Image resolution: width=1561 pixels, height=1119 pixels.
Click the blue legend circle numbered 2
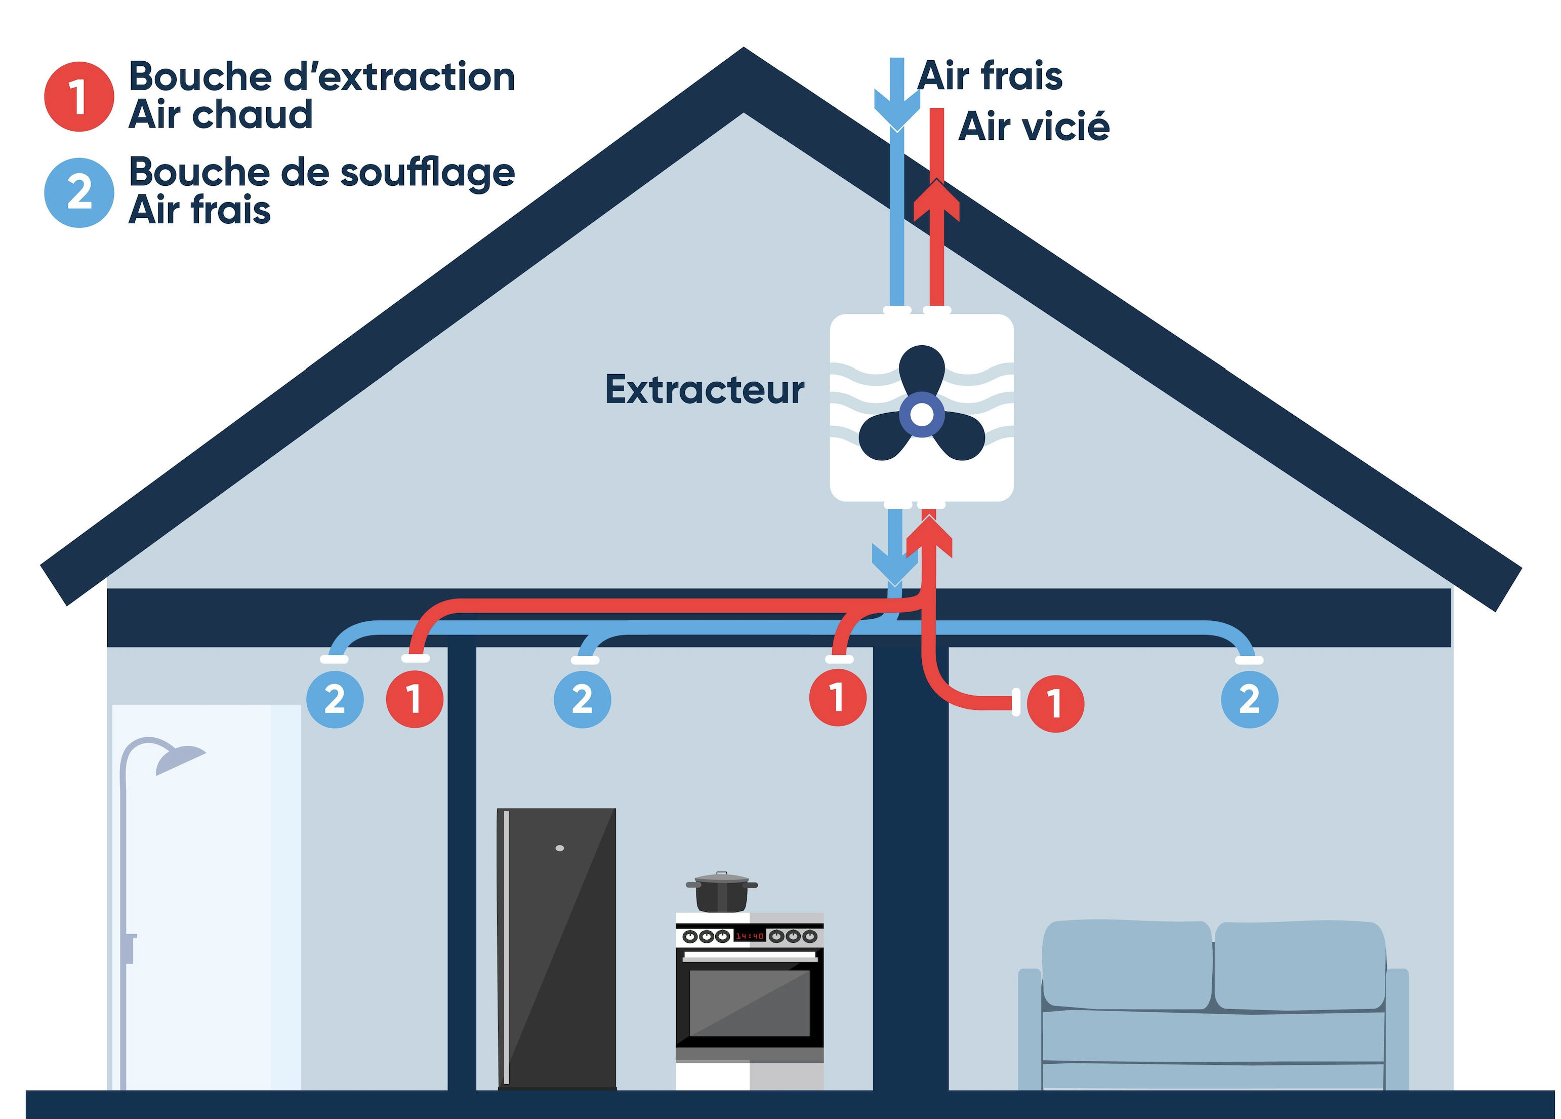[x=78, y=193]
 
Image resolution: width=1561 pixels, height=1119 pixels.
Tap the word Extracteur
[x=704, y=390]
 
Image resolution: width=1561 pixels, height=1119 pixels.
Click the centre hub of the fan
[x=922, y=415]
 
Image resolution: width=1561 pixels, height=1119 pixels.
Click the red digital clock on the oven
[x=750, y=936]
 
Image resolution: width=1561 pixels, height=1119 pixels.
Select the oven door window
[x=750, y=1002]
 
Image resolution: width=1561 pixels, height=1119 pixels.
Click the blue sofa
[x=1213, y=1006]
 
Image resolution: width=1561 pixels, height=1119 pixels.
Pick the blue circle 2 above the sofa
[x=1249, y=700]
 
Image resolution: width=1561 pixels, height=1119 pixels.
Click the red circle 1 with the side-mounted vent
[x=1055, y=703]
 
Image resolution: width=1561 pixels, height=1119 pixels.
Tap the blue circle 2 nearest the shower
[x=335, y=700]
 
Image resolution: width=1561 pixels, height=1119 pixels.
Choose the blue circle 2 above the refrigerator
[x=582, y=700]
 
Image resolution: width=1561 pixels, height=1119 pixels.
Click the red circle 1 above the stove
[x=838, y=698]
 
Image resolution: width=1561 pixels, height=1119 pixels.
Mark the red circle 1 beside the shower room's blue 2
[x=415, y=699]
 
